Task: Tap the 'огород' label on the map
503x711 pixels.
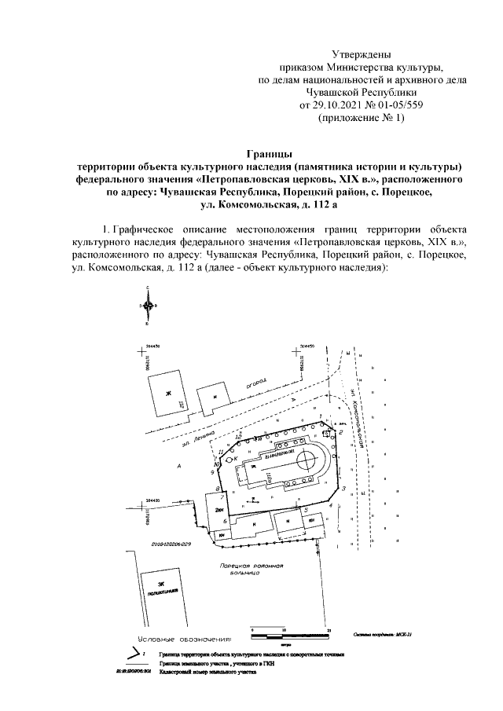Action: coord(255,385)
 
